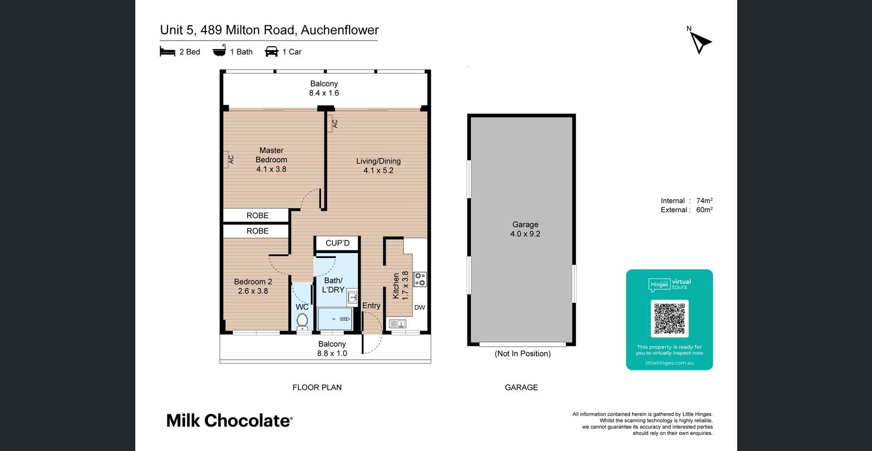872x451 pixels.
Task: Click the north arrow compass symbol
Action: point(700,43)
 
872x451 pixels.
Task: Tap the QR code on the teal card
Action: point(669,319)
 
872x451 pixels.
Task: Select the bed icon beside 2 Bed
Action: point(167,52)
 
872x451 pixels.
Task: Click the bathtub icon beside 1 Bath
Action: point(219,51)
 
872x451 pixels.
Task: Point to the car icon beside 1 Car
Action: point(272,52)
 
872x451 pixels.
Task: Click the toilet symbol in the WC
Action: point(302,321)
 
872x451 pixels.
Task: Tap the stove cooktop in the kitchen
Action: point(420,279)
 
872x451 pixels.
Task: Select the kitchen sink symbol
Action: point(398,324)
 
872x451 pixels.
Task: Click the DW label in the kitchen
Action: point(420,307)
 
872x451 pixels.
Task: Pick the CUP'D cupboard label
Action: point(338,243)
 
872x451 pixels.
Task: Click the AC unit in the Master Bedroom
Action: point(229,160)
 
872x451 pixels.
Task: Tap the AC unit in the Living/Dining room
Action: point(333,123)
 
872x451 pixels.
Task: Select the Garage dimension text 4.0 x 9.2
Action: point(525,234)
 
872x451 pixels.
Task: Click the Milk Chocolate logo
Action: point(229,420)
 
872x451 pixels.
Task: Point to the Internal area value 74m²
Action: point(705,201)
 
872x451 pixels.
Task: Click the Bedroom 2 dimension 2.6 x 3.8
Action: point(253,291)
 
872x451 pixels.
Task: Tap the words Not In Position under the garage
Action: point(523,354)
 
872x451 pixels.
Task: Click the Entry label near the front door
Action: point(371,306)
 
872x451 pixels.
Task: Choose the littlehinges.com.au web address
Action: point(669,363)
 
